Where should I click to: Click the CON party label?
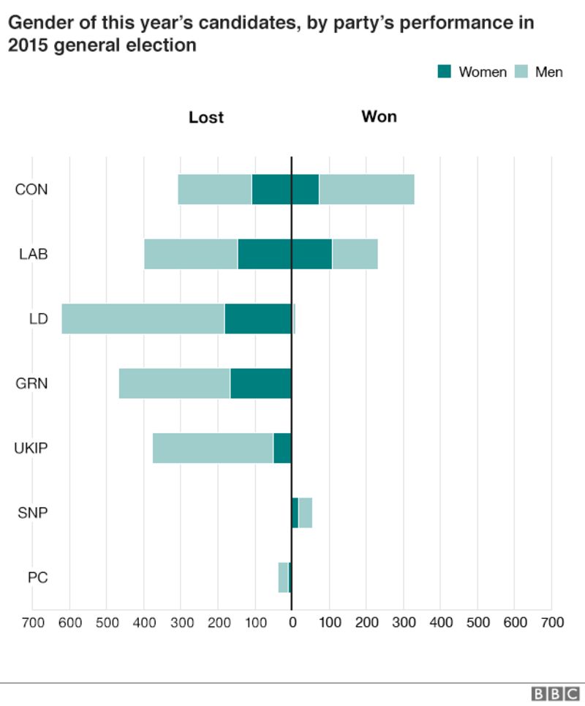31,189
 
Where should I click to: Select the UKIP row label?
31,448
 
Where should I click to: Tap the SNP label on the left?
33,512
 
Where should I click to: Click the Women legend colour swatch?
445,72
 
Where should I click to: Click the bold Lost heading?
206,117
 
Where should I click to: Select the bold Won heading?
379,117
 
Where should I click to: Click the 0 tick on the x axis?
292,623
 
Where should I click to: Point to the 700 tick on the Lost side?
32,623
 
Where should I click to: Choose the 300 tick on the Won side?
403,623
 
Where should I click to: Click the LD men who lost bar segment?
143,319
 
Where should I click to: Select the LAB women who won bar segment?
312,254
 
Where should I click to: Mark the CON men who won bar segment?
366,189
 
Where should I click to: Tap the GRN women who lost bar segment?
260,383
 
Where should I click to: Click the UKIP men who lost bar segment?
213,448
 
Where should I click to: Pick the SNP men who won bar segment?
306,512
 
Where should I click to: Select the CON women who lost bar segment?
271,189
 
